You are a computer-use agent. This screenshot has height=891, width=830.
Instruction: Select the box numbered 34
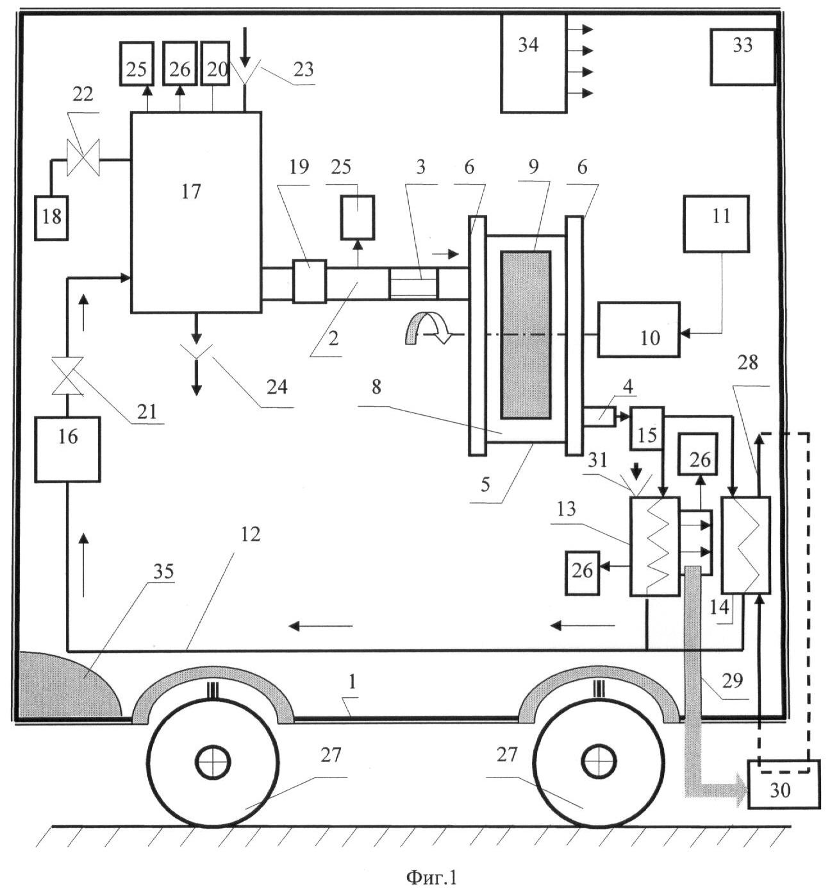533,64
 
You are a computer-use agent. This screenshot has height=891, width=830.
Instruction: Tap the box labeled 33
742,56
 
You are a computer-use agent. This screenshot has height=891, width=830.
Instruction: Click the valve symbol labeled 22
83,157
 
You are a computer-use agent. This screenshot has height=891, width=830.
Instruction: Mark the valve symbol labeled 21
67,375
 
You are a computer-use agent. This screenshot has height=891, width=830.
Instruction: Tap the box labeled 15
647,428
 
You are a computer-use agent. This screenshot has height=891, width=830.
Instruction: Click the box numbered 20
215,64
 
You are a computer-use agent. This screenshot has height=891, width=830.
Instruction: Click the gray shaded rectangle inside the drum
526,335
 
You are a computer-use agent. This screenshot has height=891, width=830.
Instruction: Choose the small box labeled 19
310,282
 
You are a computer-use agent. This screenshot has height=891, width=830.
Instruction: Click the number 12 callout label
250,534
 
